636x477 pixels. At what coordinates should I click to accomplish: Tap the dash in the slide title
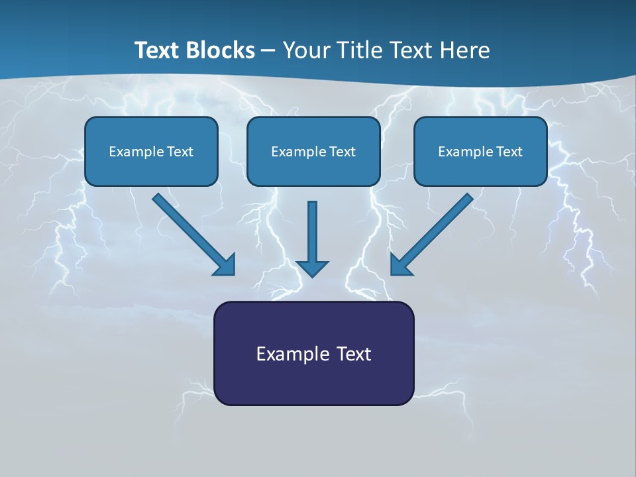coord(268,51)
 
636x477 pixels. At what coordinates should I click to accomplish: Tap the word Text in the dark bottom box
coord(354,354)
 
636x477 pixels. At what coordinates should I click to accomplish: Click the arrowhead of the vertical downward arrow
coord(312,268)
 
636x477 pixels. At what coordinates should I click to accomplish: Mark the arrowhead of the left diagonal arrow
coord(225,265)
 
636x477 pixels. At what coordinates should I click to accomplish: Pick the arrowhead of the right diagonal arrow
coord(400,265)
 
